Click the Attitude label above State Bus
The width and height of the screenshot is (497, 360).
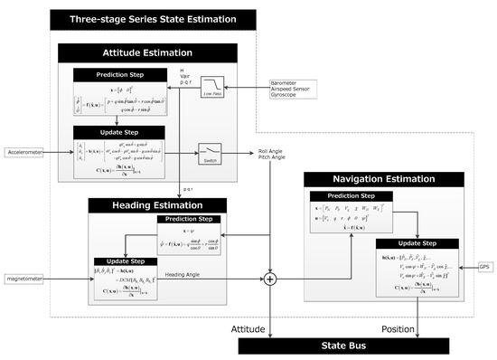click(x=249, y=329)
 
